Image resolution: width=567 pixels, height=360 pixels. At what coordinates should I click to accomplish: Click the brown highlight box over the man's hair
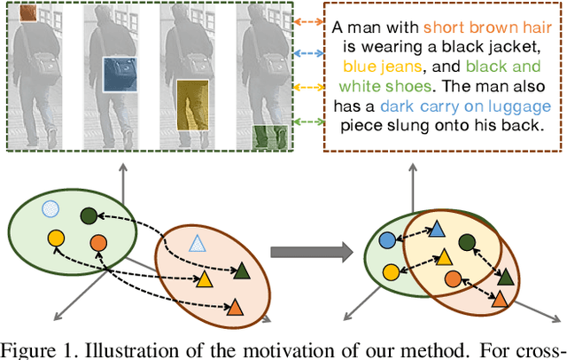[27, 13]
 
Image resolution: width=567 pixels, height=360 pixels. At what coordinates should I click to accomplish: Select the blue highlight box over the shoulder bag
[120, 74]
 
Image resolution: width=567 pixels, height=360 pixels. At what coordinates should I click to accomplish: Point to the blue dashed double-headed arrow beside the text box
[307, 53]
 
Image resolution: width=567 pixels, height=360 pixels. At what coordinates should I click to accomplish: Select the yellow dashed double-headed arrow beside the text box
[307, 88]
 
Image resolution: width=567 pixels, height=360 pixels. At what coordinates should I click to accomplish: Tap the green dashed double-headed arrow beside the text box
[307, 121]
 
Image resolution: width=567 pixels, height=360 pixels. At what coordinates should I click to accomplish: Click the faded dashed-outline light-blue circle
[51, 209]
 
